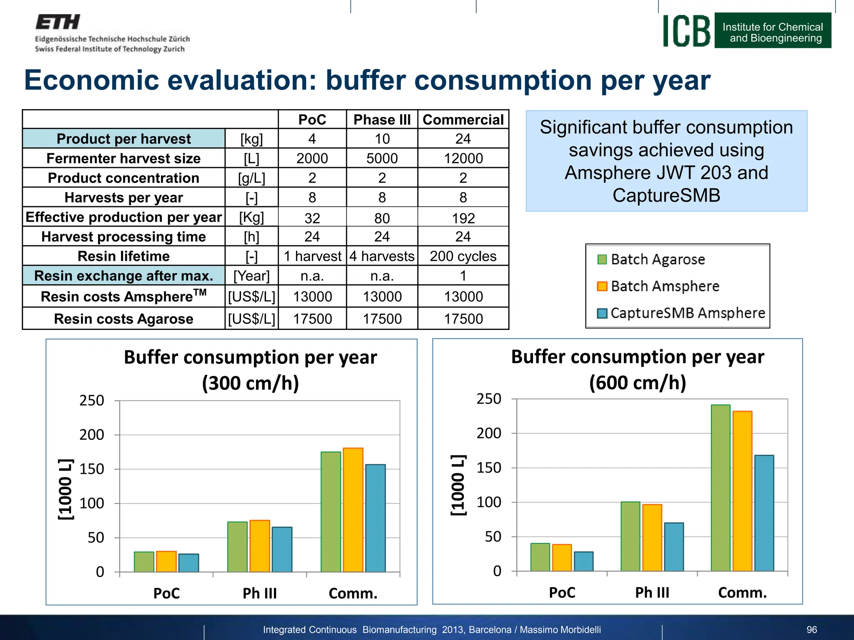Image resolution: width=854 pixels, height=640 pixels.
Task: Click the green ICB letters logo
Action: [686, 31]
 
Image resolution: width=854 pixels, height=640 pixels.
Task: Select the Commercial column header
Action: [463, 120]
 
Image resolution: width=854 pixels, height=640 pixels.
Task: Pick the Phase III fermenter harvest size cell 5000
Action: [382, 158]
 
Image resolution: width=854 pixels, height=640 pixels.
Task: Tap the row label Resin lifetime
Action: [123, 256]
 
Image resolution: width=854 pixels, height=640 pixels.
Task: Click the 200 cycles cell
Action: [463, 256]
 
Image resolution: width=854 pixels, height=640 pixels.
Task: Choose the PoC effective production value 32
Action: [312, 218]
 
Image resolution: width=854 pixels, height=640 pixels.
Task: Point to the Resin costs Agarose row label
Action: [123, 319]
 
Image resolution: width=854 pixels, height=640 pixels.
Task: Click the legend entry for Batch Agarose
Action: [658, 260]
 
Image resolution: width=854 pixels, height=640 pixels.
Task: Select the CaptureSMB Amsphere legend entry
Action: [687, 313]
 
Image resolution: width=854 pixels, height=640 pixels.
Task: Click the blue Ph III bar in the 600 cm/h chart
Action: [674, 547]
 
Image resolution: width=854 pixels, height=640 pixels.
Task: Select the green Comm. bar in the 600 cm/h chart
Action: [721, 487]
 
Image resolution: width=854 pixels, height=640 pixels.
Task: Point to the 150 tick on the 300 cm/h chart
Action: [92, 469]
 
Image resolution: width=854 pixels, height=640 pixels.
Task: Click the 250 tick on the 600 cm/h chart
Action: [489, 399]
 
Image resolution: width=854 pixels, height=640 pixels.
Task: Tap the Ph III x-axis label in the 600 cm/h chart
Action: [652, 592]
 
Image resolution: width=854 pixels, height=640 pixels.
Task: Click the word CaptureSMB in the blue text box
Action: [666, 195]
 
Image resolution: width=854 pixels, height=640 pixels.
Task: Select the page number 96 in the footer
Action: [811, 630]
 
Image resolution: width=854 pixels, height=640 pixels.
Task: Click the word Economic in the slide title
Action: [92, 80]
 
